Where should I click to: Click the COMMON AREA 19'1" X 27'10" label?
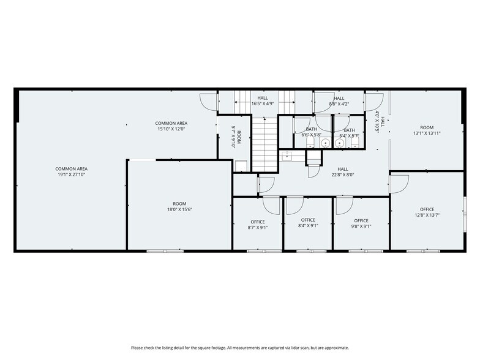pos(72,172)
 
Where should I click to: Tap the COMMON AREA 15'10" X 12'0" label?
pos(171,126)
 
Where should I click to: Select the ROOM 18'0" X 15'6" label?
pos(179,207)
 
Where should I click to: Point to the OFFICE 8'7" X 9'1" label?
pos(258,224)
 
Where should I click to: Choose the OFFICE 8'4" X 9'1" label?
pos(308,223)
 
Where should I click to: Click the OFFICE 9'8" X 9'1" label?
pos(361,223)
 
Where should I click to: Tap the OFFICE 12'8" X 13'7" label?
pos(427,212)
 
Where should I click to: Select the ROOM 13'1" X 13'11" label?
pos(427,130)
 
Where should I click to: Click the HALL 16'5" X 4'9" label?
pos(263,101)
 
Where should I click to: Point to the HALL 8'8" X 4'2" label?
pos(339,101)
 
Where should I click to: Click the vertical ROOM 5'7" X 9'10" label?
pos(236,138)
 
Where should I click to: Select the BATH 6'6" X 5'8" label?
pos(312,132)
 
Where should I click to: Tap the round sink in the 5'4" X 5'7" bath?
pos(340,143)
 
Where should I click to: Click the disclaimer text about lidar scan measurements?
pos(239,348)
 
